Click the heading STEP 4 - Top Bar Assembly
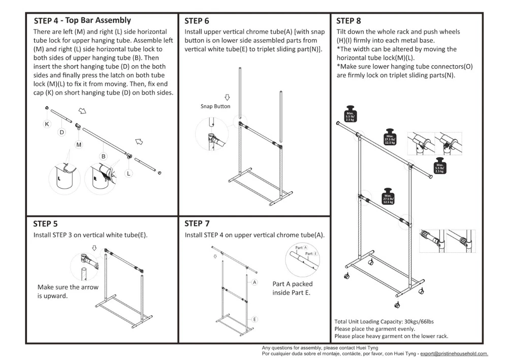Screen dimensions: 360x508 pos(82,21)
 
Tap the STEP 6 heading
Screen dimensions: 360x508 pos(197,21)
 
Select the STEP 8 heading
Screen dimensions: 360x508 pos(348,21)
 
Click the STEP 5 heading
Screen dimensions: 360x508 pos(45,223)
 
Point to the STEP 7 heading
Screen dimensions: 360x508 pos(197,223)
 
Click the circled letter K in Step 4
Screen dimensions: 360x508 pos(47,124)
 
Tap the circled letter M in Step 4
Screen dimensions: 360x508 pos(79,145)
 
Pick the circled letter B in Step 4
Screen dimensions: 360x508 pos(103,156)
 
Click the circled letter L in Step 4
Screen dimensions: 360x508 pos(129,174)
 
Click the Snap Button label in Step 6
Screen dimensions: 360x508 pos(215,106)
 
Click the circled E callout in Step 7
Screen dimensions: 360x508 pos(254,319)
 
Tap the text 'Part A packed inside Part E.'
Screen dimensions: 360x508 pos(292,288)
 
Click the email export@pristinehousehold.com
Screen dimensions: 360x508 pos(454,353)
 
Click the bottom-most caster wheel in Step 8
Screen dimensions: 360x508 pos(397,305)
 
